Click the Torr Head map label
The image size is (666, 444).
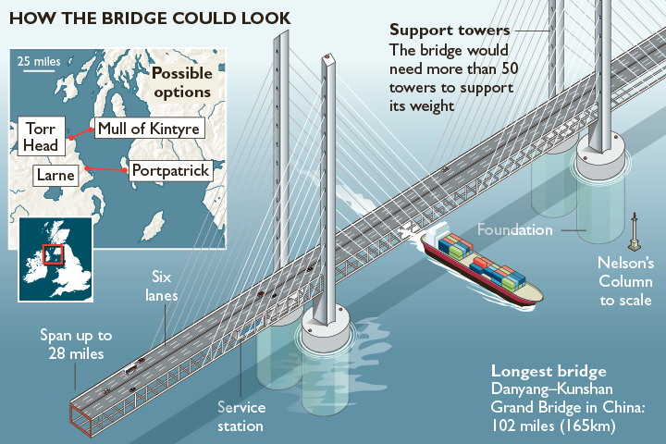(42, 136)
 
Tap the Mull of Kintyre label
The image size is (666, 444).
(149, 129)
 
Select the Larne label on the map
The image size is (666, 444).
(55, 175)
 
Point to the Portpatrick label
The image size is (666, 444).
(171, 171)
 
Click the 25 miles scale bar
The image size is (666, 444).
(39, 70)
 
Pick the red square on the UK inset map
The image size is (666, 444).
(53, 254)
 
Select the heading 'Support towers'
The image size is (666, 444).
(450, 31)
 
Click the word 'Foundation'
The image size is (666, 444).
(515, 229)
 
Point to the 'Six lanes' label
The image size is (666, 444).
(161, 286)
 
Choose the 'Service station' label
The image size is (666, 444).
(241, 416)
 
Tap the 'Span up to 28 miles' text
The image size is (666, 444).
(76, 344)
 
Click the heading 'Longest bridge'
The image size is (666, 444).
(549, 371)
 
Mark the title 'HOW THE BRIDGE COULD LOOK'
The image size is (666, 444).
(150, 18)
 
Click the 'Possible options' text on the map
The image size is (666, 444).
(182, 82)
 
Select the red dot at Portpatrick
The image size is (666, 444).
(125, 170)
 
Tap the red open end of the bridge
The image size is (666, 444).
(80, 420)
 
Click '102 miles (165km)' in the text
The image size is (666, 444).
(553, 425)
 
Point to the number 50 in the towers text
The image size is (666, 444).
(510, 68)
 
